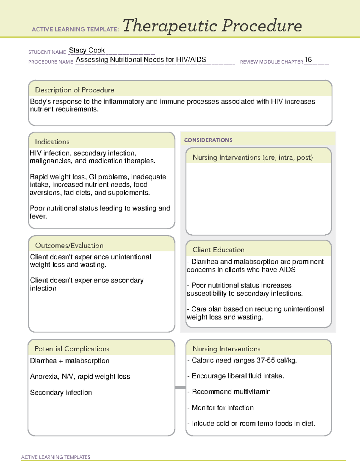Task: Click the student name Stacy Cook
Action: click(x=87, y=50)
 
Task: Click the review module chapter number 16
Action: click(x=308, y=59)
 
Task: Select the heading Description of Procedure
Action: click(x=74, y=90)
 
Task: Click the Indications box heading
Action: click(x=52, y=142)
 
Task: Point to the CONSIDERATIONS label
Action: click(x=208, y=140)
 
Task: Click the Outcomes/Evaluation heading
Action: click(x=69, y=245)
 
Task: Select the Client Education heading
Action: click(x=218, y=250)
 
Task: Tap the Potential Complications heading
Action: click(x=72, y=349)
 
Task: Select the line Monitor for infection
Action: click(x=222, y=407)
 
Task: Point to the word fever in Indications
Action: click(x=38, y=216)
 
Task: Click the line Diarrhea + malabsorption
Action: click(x=70, y=361)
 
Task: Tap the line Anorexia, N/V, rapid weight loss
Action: click(x=80, y=376)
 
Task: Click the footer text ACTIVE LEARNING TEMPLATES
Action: click(x=55, y=457)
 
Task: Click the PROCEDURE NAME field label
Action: click(x=50, y=62)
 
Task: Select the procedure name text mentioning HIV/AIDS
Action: click(x=141, y=59)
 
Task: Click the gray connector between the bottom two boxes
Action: click(x=180, y=387)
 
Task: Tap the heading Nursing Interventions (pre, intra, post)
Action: click(x=252, y=158)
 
